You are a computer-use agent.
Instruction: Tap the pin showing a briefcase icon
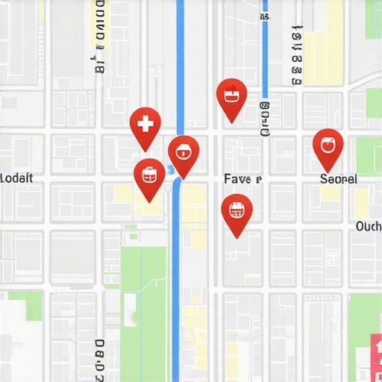149,175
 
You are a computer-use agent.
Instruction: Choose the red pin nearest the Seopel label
328,145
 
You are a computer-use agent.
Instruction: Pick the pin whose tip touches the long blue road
183,152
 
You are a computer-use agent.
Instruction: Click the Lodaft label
16,178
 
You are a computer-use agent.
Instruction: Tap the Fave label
242,179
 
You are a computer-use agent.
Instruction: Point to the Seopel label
338,179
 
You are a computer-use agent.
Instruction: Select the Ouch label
369,226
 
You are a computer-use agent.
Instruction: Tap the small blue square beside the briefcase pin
170,170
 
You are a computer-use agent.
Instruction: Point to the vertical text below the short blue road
264,120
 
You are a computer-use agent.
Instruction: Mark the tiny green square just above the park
133,237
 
